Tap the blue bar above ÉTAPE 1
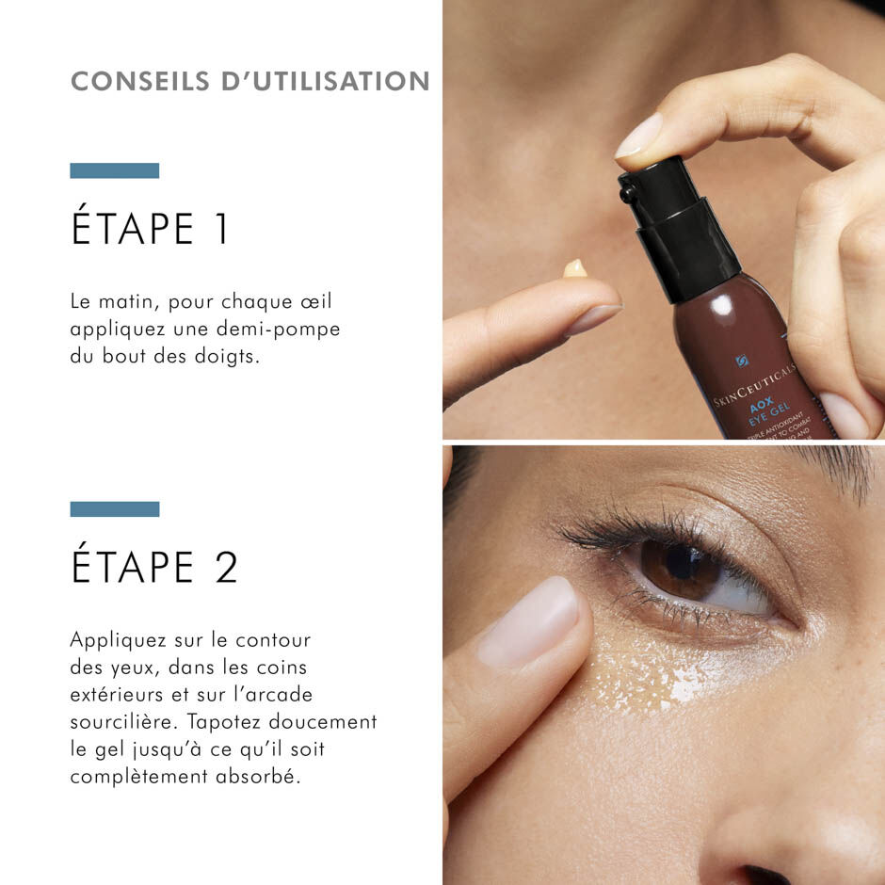(x=114, y=170)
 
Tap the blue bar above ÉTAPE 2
(x=114, y=508)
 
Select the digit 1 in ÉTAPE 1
(x=221, y=231)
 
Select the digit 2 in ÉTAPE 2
(x=226, y=568)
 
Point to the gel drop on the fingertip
(x=574, y=269)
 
